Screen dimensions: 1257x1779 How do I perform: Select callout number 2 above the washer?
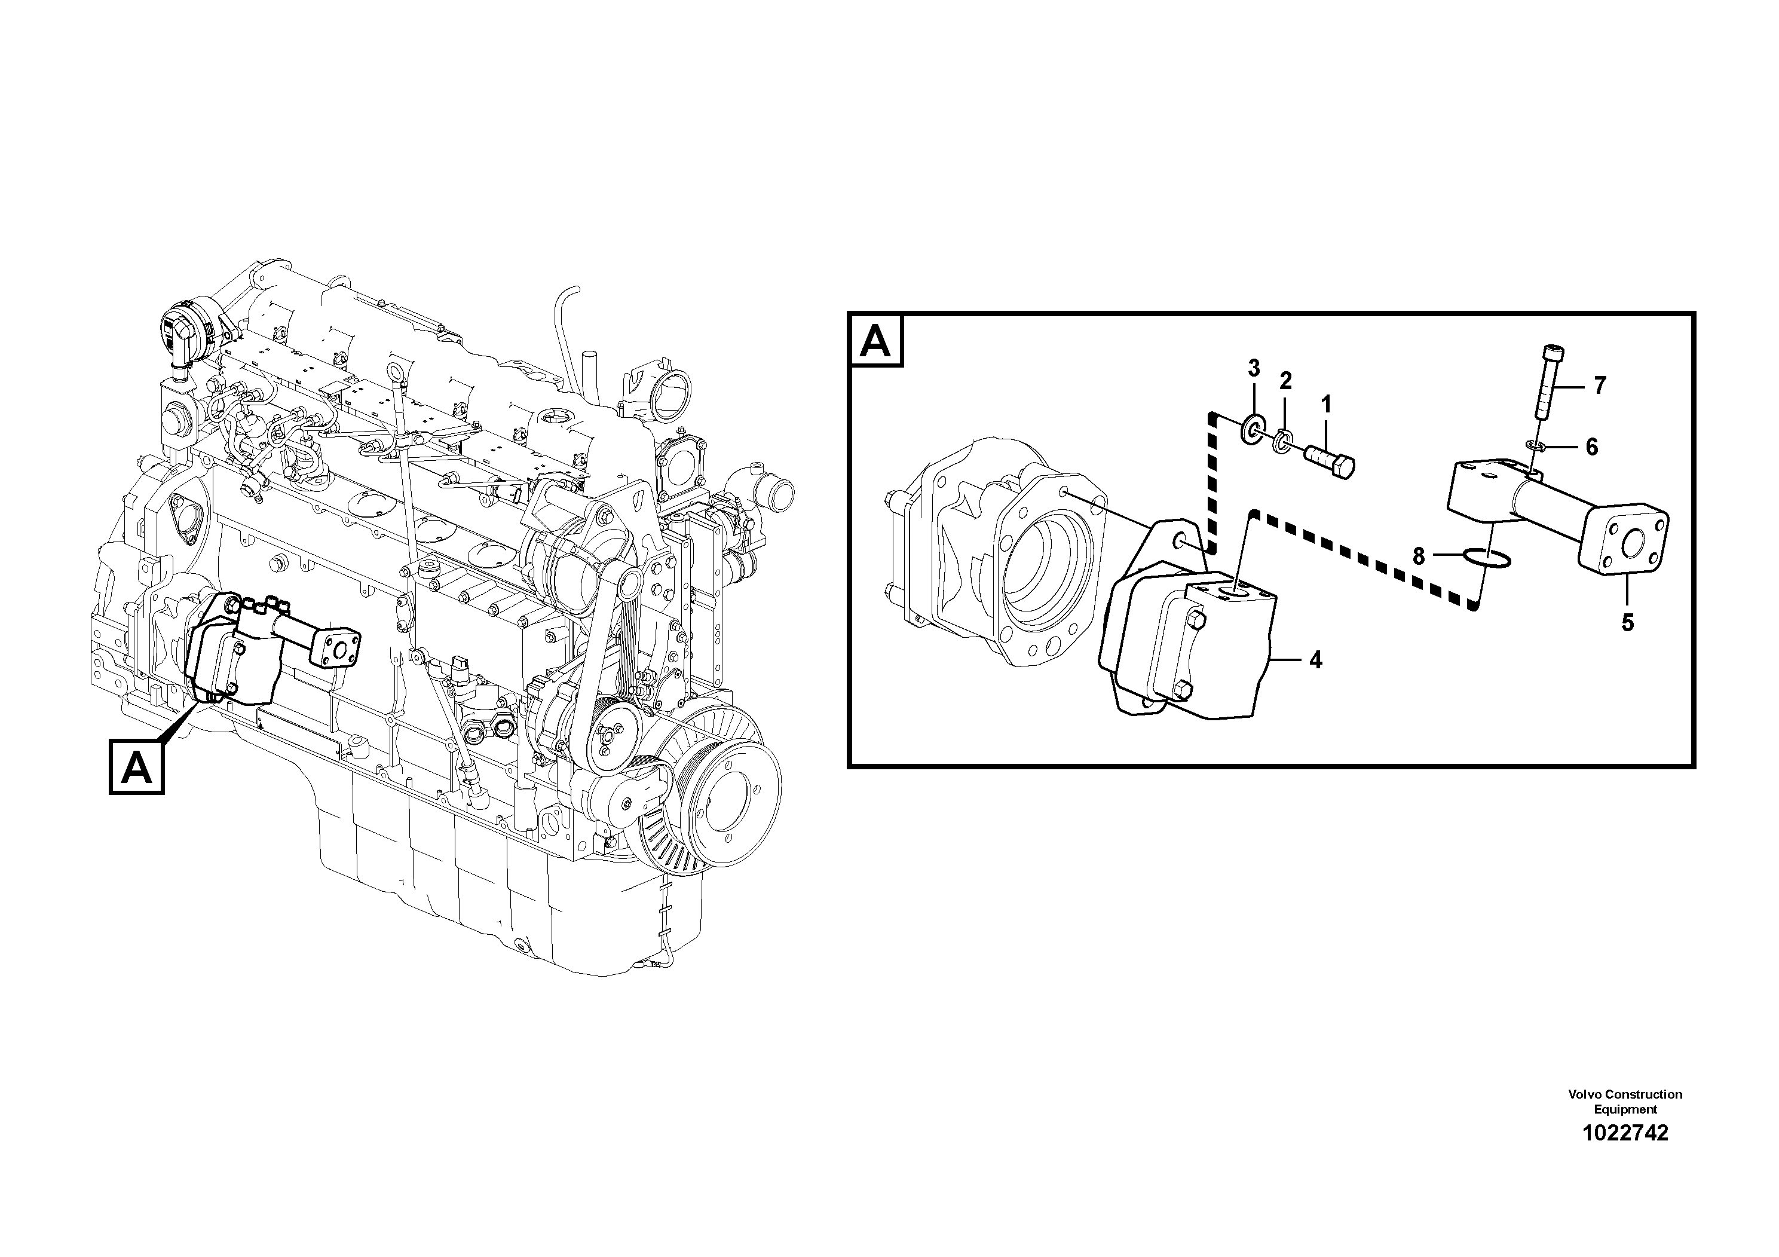pyautogui.click(x=1285, y=381)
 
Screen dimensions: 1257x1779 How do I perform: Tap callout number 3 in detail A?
pyautogui.click(x=1254, y=368)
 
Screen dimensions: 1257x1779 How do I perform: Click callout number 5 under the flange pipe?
pyautogui.click(x=1627, y=622)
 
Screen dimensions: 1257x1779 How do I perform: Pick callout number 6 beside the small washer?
pyautogui.click(x=1591, y=446)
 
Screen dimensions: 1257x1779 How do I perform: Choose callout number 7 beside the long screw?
pyautogui.click(x=1600, y=385)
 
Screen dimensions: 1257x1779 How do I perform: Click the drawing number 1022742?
pyautogui.click(x=1625, y=1134)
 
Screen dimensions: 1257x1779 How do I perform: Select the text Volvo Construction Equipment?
pyautogui.click(x=1625, y=1101)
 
